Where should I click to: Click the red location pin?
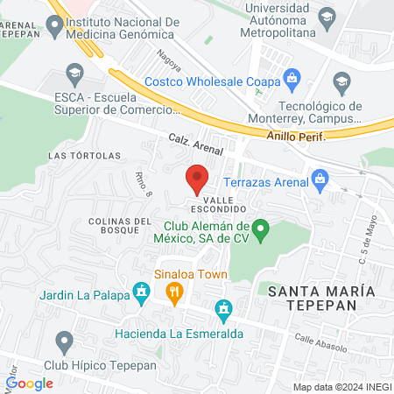tap(197, 179)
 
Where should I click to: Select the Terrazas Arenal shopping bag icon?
tap(320, 182)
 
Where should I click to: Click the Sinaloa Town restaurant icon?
tap(174, 293)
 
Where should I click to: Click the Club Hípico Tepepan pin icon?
tap(63, 341)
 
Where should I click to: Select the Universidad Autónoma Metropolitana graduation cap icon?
tap(327, 16)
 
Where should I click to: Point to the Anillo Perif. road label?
tap(296, 137)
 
